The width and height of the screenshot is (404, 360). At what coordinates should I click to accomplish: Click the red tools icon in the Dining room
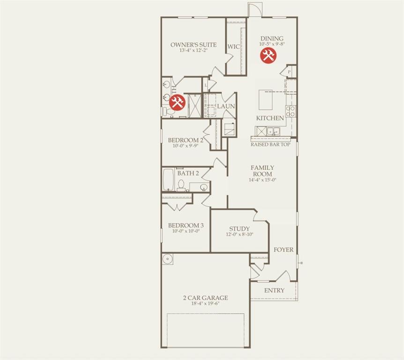268,55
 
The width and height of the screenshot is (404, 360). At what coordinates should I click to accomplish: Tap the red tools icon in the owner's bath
177,102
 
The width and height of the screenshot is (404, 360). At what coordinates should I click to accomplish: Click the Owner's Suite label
194,45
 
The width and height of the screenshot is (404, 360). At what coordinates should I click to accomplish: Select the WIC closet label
233,47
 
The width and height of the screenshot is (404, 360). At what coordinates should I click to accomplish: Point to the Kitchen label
270,118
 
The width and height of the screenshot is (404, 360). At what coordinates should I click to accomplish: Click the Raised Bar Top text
270,144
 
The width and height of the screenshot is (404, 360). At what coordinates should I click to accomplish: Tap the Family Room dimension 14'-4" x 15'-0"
262,180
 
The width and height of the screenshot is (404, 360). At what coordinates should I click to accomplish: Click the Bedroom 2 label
186,140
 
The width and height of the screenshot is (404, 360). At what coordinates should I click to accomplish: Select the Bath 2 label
188,173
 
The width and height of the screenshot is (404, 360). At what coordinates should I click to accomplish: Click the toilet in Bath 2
181,186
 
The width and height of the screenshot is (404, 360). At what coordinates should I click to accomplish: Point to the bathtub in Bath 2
169,180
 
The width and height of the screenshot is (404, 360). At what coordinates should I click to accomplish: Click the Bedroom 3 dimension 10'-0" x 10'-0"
186,231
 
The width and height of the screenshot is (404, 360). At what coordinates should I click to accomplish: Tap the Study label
239,229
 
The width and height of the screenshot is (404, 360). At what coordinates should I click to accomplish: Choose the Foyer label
284,249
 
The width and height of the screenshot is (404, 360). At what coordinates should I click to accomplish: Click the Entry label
274,291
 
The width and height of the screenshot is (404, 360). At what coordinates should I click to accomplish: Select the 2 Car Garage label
205,298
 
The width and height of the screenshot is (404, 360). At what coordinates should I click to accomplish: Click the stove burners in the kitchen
291,111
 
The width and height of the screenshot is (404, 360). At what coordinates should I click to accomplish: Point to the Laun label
226,106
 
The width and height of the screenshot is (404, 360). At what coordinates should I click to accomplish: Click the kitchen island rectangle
265,100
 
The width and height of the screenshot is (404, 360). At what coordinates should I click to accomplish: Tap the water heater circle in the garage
168,258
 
